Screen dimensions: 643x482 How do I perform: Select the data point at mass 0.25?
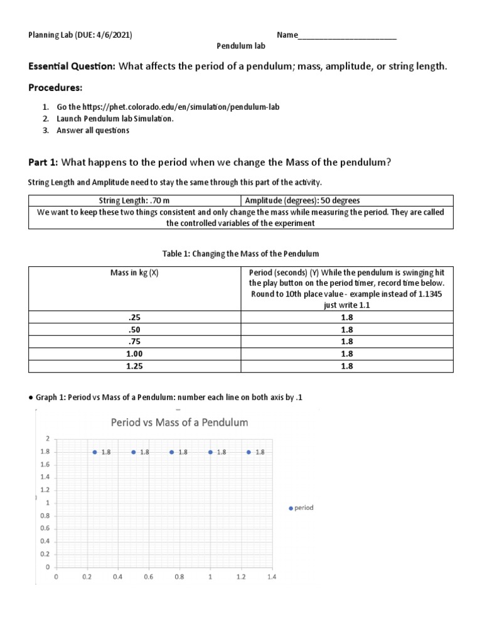95,452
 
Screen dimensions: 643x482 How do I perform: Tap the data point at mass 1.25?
249,452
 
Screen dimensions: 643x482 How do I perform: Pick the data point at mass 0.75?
172,452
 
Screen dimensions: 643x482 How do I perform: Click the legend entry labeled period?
301,508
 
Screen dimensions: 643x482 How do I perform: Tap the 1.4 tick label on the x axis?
271,576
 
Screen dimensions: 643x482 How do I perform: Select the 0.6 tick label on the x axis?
149,576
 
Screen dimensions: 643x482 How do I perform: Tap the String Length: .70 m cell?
134,201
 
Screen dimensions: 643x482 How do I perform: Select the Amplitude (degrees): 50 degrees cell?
303,201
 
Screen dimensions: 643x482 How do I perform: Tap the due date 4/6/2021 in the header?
114,35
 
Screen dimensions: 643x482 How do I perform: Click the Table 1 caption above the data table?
240,254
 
